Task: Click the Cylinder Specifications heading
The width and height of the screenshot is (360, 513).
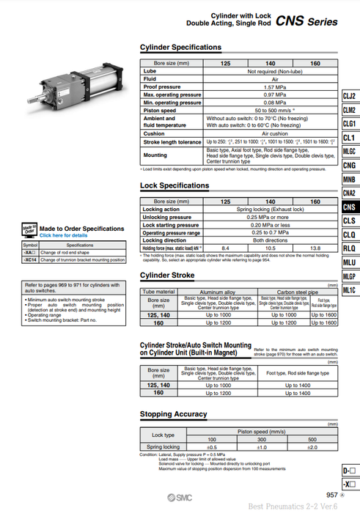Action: (180, 47)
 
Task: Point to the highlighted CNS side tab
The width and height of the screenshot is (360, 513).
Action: (350, 207)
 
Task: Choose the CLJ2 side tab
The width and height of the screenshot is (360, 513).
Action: (350, 96)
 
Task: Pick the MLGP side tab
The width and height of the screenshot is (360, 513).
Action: (350, 276)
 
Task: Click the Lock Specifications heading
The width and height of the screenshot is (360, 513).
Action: (175, 185)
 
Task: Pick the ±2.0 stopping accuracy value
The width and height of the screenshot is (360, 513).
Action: (312, 446)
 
